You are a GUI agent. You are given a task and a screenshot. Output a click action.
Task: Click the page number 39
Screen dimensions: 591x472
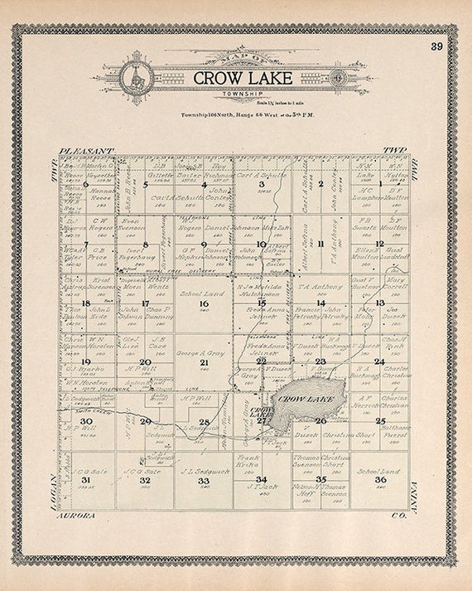click(x=436, y=46)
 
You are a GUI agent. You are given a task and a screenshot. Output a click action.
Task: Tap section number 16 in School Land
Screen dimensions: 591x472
click(x=204, y=303)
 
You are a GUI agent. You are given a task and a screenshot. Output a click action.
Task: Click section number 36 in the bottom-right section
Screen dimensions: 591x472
click(x=380, y=480)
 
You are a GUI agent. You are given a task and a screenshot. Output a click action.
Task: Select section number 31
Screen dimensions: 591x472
click(x=85, y=480)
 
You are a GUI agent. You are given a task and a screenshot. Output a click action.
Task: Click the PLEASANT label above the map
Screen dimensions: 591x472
click(x=85, y=152)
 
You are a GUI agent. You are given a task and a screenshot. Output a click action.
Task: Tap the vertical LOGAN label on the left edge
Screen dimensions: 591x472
click(x=53, y=489)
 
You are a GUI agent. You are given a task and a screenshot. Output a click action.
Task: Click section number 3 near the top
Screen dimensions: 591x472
click(x=262, y=184)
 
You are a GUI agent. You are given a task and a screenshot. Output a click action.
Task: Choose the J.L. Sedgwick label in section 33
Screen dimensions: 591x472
click(x=204, y=470)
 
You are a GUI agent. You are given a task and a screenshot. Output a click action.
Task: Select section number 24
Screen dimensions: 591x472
click(x=378, y=361)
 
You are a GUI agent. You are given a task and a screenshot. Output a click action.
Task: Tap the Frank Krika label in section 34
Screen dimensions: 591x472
click(x=249, y=462)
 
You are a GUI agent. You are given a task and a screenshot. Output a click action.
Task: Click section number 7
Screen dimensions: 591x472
click(x=85, y=245)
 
